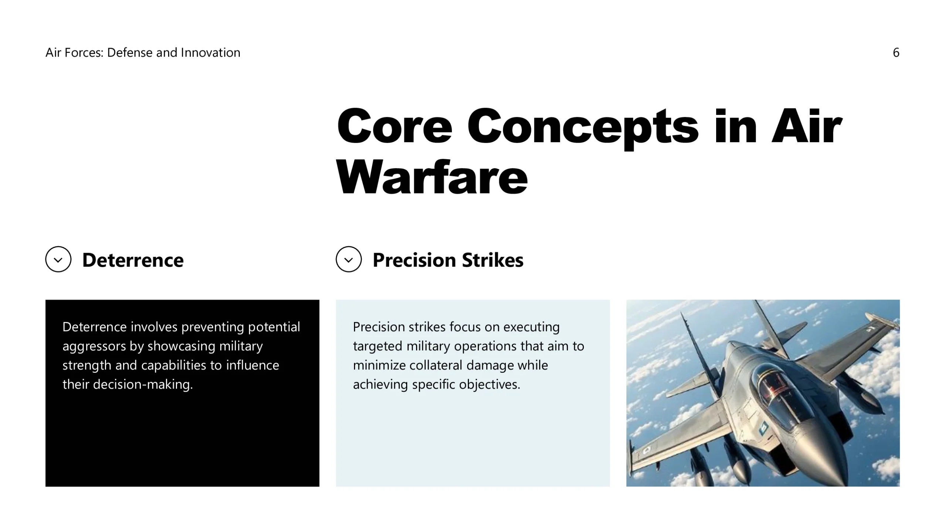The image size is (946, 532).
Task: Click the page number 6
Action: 896,52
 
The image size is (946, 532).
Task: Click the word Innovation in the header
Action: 211,52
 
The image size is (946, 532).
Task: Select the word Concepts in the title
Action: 583,127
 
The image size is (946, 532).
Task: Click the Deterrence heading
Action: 133,260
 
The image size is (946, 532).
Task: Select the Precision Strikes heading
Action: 448,260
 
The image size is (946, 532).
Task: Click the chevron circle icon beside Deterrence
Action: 58,259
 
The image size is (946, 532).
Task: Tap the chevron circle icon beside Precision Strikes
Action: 349,259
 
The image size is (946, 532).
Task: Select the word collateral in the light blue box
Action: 431,365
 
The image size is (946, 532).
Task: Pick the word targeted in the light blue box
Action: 377,347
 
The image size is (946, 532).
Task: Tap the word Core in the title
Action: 394,126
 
